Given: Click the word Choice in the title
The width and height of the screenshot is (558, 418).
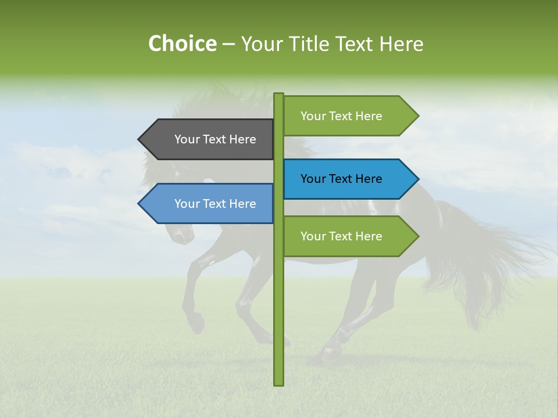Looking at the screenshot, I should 182,44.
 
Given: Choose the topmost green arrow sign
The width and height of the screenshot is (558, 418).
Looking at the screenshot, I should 343,116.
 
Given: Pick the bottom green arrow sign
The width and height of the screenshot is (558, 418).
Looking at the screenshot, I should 343,236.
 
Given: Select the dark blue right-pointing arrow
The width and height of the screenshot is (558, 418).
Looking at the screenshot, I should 343,179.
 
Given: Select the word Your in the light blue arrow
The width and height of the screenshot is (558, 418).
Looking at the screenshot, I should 186,204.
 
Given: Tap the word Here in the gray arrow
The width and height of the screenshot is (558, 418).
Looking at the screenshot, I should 242,139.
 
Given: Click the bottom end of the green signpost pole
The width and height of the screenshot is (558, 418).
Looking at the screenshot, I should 278,383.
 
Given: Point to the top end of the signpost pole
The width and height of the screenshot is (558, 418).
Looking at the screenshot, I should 278,95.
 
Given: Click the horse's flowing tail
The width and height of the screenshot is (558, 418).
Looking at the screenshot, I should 494,255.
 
